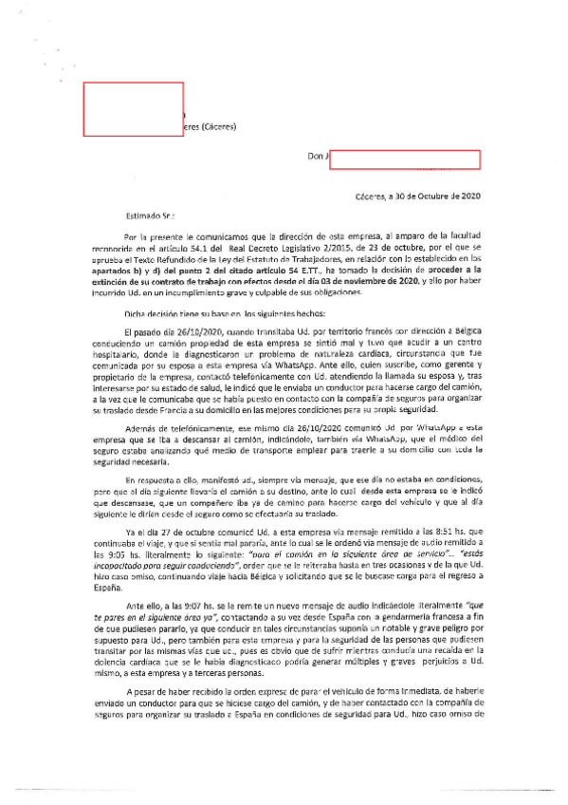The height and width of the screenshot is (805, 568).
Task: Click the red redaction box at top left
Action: pyautogui.click(x=134, y=108)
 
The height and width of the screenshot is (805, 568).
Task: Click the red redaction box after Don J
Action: pyautogui.click(x=405, y=159)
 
